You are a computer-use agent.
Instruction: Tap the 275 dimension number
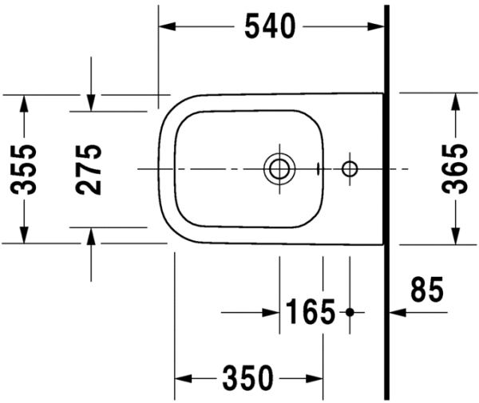pyautogui.click(x=90, y=168)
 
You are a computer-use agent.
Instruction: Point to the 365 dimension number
pyautogui.click(x=456, y=168)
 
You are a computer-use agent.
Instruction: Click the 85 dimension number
pyautogui.click(x=426, y=290)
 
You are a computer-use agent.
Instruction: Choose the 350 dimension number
pyautogui.click(x=248, y=377)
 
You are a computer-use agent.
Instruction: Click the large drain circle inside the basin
pyautogui.click(x=279, y=168)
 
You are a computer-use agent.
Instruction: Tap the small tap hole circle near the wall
pyautogui.click(x=349, y=168)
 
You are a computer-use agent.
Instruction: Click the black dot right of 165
pyautogui.click(x=349, y=311)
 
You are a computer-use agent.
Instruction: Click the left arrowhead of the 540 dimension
pyautogui.click(x=165, y=26)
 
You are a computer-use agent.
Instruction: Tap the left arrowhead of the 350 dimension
pyautogui.click(x=182, y=377)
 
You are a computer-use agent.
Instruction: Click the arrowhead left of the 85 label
pyautogui.click(x=397, y=311)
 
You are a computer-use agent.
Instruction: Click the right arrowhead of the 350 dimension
pyautogui.click(x=316, y=377)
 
